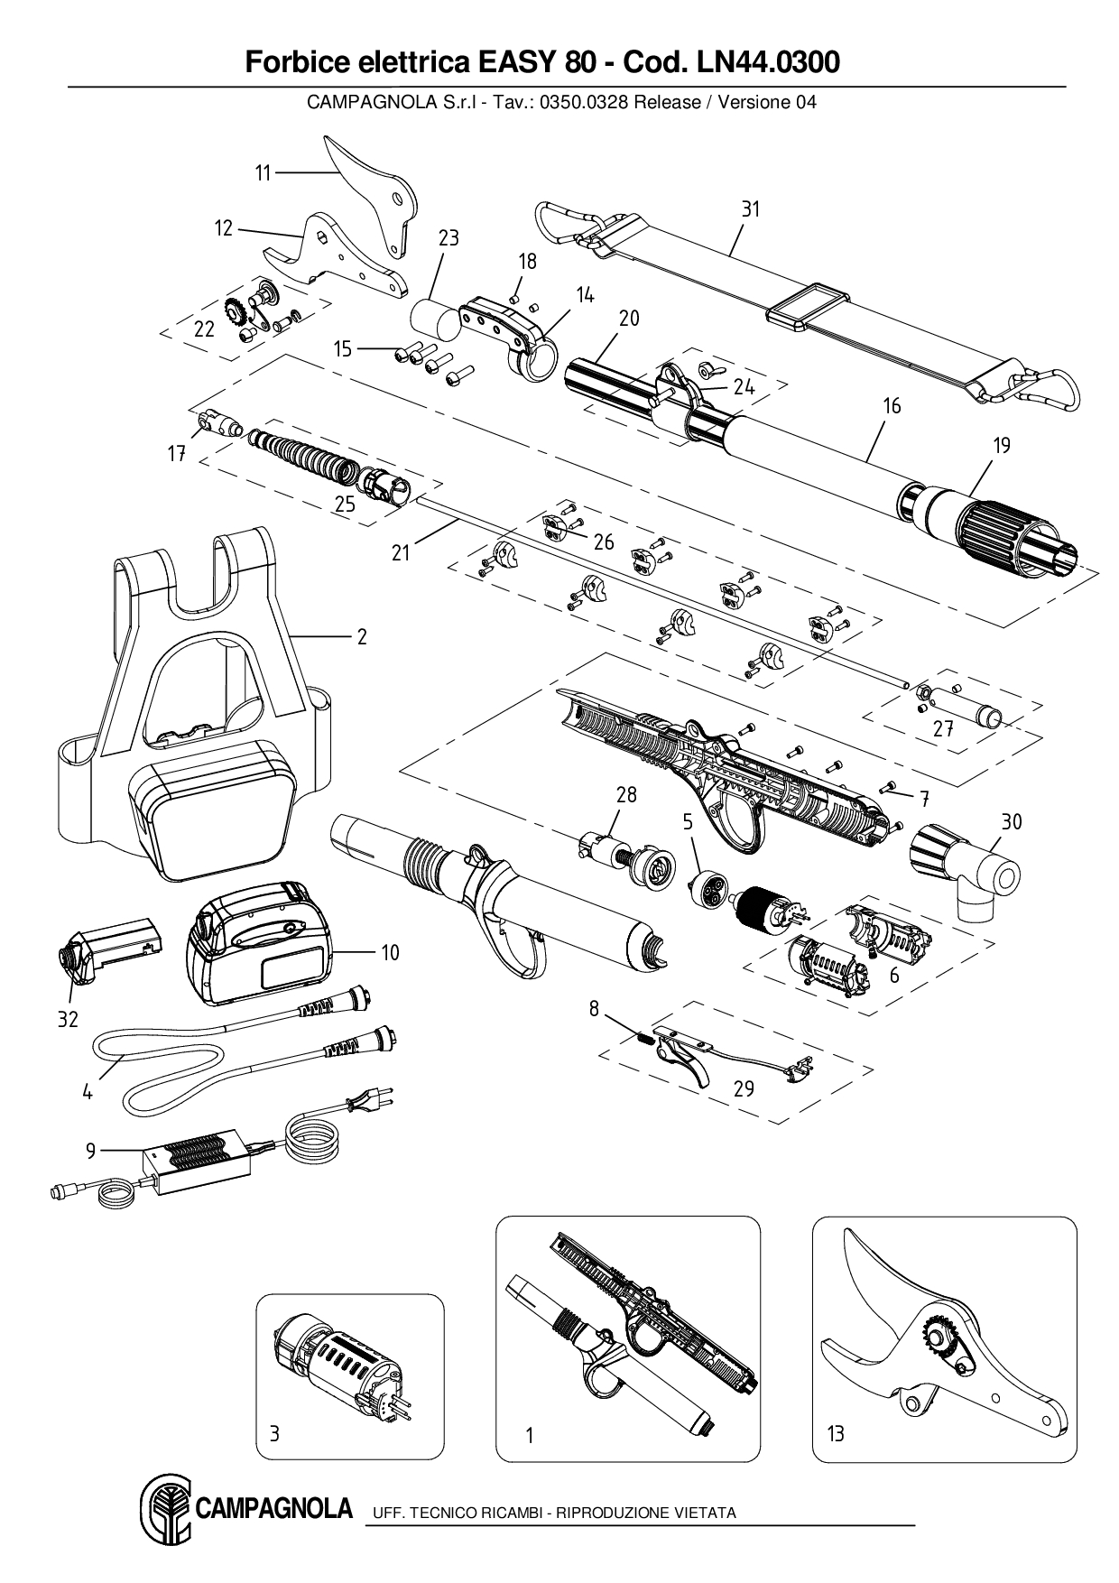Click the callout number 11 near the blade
tap(263, 173)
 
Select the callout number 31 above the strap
tap(751, 209)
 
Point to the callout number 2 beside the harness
tap(362, 637)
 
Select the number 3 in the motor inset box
tap(275, 1433)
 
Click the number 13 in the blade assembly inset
tap(836, 1433)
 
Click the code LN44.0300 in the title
tap(765, 62)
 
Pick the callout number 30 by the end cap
tap(1012, 821)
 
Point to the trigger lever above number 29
tap(683, 1057)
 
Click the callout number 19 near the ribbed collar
tap(1002, 445)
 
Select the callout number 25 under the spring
tap(345, 505)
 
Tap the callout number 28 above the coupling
tap(626, 794)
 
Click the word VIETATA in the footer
tap(705, 1513)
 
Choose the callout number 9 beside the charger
tap(90, 1150)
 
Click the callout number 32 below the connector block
tap(68, 1020)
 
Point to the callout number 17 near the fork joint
tap(177, 454)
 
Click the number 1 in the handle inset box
tap(530, 1435)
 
